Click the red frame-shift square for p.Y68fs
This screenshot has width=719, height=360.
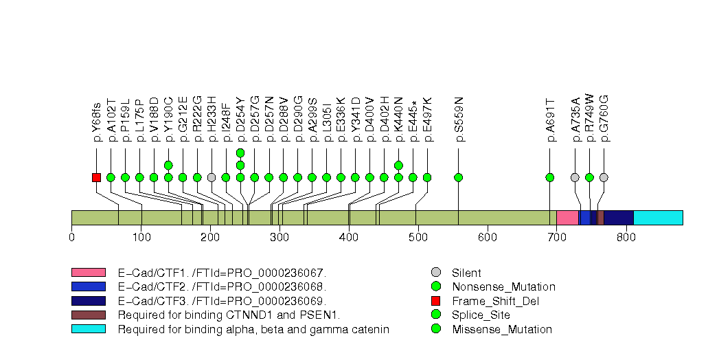click(96, 177)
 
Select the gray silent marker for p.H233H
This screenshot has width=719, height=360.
click(212, 177)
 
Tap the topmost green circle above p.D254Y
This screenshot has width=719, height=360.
click(240, 153)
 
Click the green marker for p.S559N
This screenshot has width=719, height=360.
click(459, 177)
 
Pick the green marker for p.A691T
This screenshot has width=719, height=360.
click(549, 177)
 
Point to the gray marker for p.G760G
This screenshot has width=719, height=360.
click(604, 177)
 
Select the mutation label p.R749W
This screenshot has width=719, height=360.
click(589, 118)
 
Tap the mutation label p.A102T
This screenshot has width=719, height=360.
click(111, 118)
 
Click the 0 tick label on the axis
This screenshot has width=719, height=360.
click(71, 238)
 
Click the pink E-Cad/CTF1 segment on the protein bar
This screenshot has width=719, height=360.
click(567, 218)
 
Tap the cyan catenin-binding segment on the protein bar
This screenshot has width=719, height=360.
click(657, 218)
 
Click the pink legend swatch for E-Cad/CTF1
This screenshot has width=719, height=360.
click(88, 273)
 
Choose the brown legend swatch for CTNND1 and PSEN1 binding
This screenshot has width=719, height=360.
click(88, 315)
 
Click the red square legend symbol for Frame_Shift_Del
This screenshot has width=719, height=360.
click(436, 301)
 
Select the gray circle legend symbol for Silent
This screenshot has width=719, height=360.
click(436, 273)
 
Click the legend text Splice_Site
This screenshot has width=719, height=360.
click(481, 315)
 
